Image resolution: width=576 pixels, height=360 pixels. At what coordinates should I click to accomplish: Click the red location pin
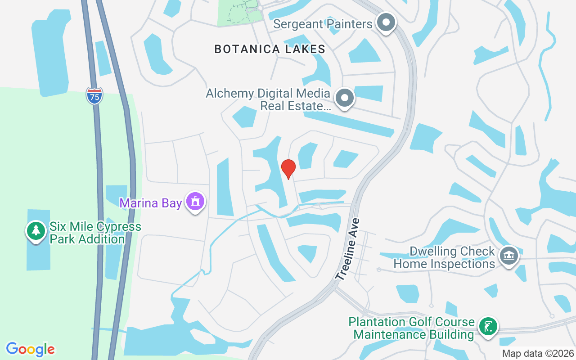(x=288, y=169)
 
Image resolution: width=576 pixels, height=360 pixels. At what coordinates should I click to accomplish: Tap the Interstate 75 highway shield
(x=94, y=96)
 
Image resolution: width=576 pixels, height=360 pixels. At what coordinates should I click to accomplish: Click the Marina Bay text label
(x=150, y=203)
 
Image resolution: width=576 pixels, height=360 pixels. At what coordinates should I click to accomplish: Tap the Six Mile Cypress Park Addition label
(x=95, y=233)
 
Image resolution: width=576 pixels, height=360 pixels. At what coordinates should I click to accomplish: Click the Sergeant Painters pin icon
(x=386, y=23)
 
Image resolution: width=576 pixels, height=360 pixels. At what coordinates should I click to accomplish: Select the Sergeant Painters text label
(x=323, y=24)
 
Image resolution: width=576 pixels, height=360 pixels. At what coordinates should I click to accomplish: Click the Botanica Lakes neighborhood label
(x=270, y=49)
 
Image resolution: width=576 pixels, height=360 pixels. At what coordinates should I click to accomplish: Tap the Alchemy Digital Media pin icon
(x=345, y=97)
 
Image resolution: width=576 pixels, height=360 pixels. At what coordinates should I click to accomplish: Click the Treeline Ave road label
(x=348, y=249)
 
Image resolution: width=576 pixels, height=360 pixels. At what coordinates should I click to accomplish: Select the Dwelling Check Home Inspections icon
(x=509, y=256)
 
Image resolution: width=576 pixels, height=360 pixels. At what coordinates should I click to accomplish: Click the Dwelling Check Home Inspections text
(x=444, y=257)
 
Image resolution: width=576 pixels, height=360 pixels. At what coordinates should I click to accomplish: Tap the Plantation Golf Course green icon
(x=487, y=325)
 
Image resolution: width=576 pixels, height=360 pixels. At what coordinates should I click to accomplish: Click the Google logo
(x=30, y=349)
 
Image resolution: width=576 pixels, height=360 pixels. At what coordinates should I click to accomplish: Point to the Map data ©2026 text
(x=538, y=354)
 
